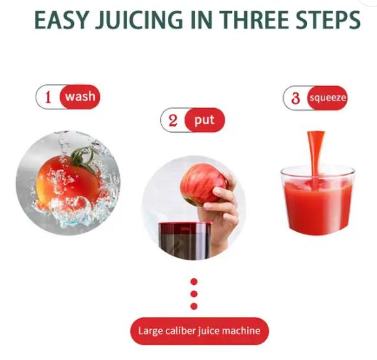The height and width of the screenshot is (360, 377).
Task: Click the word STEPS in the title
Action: click(x=329, y=20)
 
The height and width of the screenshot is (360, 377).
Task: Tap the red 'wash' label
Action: click(x=80, y=98)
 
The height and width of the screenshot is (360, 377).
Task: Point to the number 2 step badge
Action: click(x=173, y=120)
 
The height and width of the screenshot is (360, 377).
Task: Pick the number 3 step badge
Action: click(x=295, y=98)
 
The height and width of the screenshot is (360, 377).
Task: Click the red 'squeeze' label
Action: click(x=327, y=98)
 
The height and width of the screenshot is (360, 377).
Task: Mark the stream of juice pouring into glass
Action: click(x=316, y=152)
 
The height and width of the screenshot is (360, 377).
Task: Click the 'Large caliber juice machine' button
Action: click(x=199, y=331)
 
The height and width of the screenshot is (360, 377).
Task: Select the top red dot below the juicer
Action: click(x=194, y=282)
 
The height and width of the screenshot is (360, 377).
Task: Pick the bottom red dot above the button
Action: click(x=194, y=306)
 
